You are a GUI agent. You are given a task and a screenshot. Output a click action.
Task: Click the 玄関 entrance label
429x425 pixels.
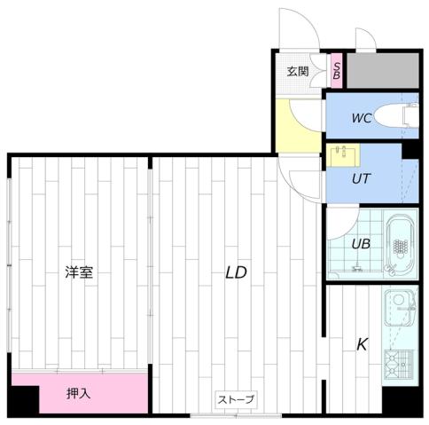pos(297,72)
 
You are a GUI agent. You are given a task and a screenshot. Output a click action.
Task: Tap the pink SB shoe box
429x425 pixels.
pos(337,71)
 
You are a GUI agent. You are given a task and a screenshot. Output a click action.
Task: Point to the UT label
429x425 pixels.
pos(361,178)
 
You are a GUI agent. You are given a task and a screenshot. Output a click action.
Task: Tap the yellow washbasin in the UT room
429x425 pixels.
pos(340,155)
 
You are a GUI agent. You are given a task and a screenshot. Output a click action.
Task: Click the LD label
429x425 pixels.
pos(235,273)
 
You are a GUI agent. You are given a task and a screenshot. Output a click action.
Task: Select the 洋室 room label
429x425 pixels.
pos(79,273)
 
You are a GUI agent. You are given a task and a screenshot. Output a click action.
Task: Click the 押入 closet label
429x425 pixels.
pos(79,392)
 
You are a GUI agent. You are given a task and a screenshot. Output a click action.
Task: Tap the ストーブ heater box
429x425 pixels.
pos(237,400)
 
